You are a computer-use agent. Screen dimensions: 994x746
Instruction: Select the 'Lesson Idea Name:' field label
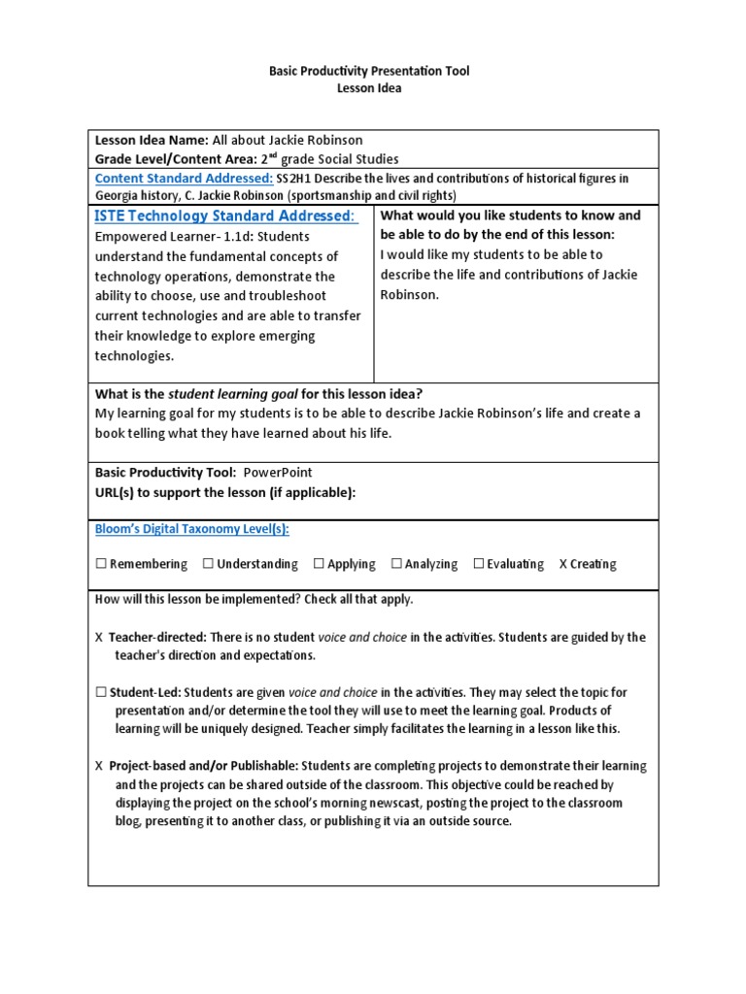click(x=152, y=140)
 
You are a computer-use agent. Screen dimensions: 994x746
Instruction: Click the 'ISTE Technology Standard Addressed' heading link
click(x=225, y=215)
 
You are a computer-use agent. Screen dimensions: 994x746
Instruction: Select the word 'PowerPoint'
click(x=278, y=472)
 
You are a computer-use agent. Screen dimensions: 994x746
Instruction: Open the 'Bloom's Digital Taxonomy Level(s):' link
click(x=191, y=529)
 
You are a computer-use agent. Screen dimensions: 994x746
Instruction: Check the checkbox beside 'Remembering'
click(x=100, y=564)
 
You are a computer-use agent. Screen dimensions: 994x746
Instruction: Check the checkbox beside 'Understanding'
click(x=208, y=564)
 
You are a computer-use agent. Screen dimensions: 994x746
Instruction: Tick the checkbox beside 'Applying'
click(x=319, y=564)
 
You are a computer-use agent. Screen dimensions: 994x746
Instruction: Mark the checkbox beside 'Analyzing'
click(x=396, y=564)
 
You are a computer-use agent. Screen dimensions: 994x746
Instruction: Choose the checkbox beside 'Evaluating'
click(x=479, y=564)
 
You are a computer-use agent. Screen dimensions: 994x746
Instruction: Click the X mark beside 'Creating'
click(x=563, y=564)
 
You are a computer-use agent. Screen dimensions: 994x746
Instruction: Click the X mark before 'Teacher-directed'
click(x=99, y=638)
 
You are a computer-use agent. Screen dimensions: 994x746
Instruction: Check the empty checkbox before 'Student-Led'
click(x=100, y=692)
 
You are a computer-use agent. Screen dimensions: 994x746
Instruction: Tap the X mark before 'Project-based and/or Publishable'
click(x=99, y=766)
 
